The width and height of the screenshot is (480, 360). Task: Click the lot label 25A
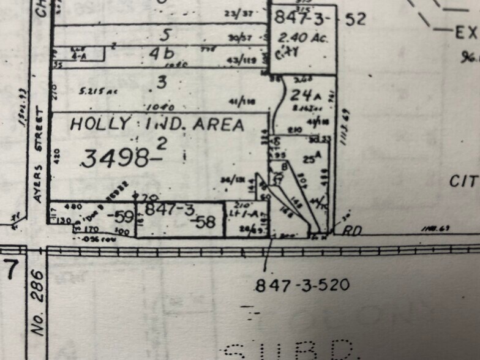tap(310, 158)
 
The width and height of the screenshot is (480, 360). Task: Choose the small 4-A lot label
tap(79, 55)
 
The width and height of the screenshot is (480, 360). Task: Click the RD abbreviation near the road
tap(350, 231)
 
